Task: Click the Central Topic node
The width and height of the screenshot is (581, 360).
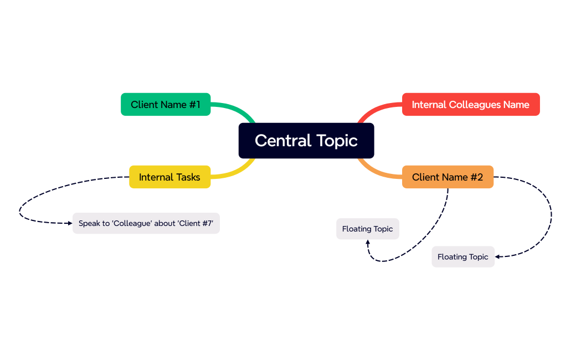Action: (x=306, y=141)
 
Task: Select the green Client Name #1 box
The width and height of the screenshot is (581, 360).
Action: (x=166, y=105)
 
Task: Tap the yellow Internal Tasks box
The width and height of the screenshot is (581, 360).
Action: (x=169, y=177)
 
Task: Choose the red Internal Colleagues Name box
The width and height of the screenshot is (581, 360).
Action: (x=470, y=105)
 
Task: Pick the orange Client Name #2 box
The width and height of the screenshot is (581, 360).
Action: (x=448, y=177)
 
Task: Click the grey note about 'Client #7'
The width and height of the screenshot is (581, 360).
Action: (x=146, y=223)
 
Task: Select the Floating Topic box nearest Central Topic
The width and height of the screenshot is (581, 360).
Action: (x=367, y=229)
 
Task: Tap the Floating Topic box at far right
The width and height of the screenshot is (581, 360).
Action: (x=462, y=257)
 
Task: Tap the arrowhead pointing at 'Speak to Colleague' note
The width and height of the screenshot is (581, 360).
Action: (x=70, y=223)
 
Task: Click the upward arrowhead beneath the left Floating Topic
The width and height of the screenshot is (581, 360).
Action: (x=368, y=243)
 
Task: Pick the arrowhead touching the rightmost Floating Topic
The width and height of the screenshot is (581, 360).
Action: (x=498, y=257)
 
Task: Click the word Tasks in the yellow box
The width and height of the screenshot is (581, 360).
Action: (x=188, y=177)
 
